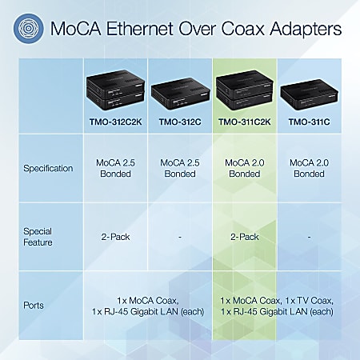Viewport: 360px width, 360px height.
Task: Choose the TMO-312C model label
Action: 180,122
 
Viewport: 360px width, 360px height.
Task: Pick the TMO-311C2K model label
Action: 244,122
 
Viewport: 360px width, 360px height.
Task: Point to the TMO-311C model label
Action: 309,122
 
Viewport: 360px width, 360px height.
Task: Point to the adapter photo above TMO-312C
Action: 180,91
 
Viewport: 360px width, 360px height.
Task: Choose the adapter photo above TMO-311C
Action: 309,91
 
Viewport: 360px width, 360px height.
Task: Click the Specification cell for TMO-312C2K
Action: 115,168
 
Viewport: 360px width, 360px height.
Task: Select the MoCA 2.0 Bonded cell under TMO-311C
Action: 309,168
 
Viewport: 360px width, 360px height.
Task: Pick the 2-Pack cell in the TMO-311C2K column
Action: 244,237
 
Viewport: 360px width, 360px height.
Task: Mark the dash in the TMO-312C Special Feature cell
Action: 180,237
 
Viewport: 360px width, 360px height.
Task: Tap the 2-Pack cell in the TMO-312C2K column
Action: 115,237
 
